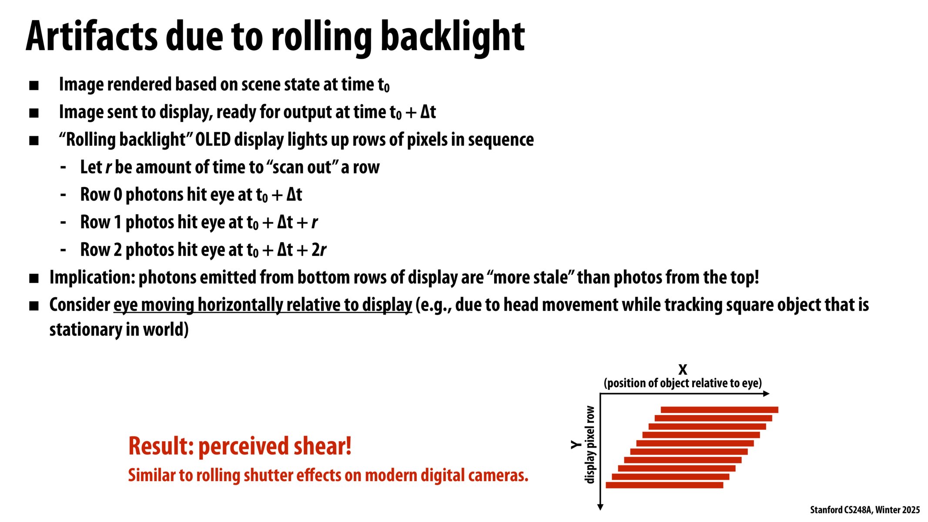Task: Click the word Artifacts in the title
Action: (91, 37)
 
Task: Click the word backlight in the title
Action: (452, 37)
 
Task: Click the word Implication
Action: (92, 278)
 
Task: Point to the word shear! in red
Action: (322, 446)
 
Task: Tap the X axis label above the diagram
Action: (683, 370)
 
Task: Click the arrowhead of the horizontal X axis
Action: (766, 394)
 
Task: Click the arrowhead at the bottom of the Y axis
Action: (600, 507)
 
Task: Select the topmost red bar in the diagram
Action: (719, 410)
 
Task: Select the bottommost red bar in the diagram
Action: (664, 485)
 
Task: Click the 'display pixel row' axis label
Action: (590, 445)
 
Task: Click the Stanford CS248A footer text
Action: (864, 510)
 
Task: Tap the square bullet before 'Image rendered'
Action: (34, 86)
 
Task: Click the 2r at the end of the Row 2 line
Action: (319, 250)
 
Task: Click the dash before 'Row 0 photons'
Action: (64, 194)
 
